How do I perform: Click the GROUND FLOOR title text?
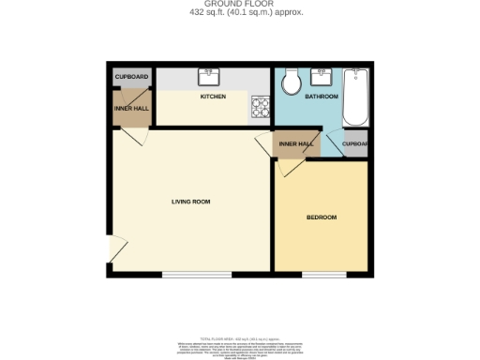pyautogui.click(x=240, y=4)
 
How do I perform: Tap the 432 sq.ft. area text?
pyautogui.click(x=240, y=12)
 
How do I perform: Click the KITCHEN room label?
pyautogui.click(x=213, y=97)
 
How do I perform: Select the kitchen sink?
pyautogui.click(x=207, y=77)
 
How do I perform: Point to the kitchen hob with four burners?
pyautogui.click(x=259, y=109)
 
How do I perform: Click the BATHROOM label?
pyautogui.click(x=322, y=97)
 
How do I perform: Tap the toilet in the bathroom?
pyautogui.click(x=291, y=82)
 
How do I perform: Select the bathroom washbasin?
pyautogui.click(x=325, y=75)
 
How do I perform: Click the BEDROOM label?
pyautogui.click(x=322, y=217)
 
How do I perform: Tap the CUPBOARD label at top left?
pyautogui.click(x=131, y=76)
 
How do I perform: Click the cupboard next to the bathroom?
pyautogui.click(x=355, y=144)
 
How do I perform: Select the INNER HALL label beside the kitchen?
pyautogui.click(x=131, y=108)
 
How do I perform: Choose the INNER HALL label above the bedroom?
pyautogui.click(x=295, y=144)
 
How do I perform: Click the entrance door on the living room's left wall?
pyautogui.click(x=116, y=249)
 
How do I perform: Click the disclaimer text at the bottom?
pyautogui.click(x=240, y=343)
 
